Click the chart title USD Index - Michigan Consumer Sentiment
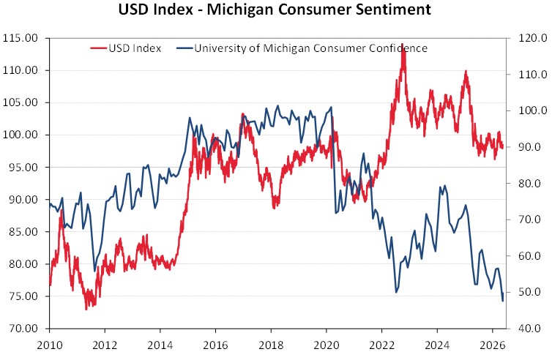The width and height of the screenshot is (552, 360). (275, 10)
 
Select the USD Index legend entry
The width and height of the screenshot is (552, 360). (126, 48)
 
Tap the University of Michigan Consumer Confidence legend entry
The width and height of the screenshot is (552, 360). (302, 48)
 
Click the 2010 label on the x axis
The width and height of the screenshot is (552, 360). (49, 345)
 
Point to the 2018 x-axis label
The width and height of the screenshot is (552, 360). (271, 345)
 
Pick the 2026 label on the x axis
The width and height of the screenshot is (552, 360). (492, 345)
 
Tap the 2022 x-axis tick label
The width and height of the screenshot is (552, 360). (381, 345)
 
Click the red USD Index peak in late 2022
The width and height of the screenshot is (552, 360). (403, 46)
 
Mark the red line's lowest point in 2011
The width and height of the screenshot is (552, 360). (86, 310)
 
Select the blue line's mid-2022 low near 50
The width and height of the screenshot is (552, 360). (396, 292)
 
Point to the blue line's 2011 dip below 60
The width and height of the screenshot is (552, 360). (94, 271)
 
